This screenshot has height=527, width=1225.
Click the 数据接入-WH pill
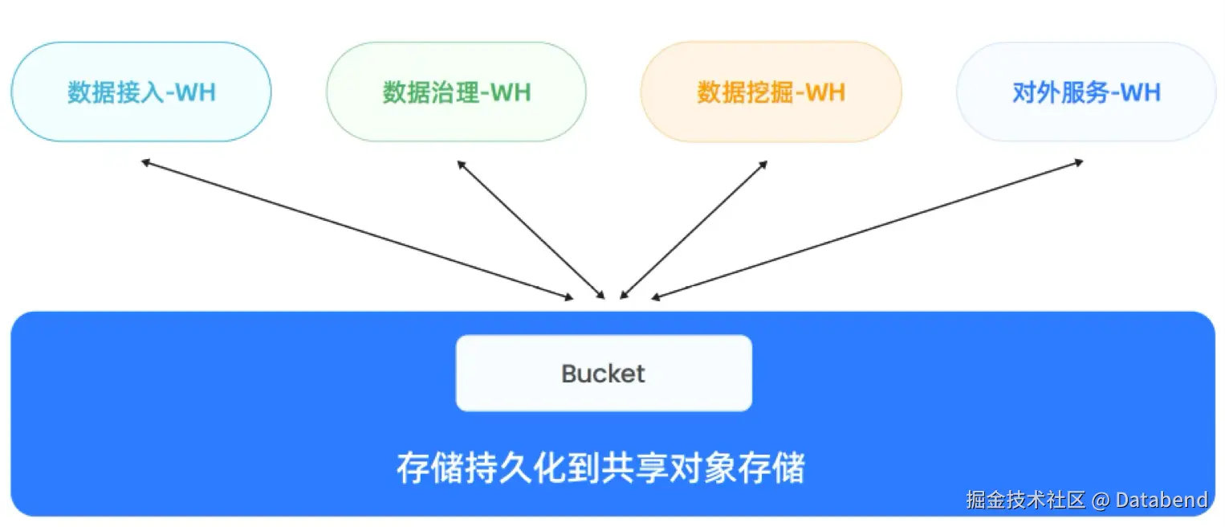tap(141, 92)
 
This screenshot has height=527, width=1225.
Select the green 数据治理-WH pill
tap(456, 92)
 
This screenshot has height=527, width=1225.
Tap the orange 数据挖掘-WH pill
tap(771, 92)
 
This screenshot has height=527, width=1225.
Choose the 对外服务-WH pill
tap(1086, 92)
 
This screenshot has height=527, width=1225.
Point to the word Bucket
tap(604, 374)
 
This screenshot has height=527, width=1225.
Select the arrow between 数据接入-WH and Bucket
tap(356, 230)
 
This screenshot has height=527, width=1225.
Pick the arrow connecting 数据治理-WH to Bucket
tap(531, 229)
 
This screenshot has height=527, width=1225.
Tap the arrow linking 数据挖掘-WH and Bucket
tap(694, 229)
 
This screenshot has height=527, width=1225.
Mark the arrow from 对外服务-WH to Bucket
tap(867, 230)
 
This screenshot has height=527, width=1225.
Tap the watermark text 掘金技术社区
tap(1025, 500)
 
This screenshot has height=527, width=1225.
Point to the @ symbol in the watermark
tap(1100, 500)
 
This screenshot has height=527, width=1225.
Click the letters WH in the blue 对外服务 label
tap(1141, 92)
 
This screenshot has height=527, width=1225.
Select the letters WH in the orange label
tap(825, 92)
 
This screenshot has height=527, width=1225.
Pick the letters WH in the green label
tap(511, 92)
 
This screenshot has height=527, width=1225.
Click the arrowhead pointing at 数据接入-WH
tap(145, 162)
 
